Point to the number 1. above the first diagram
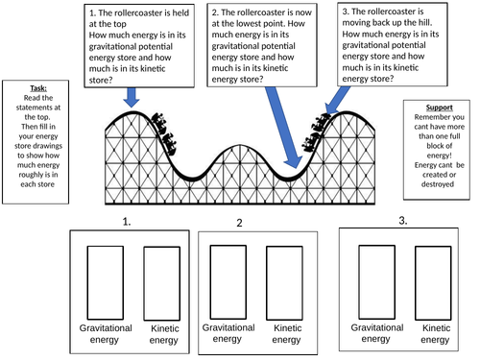click(x=126, y=222)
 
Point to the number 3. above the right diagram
click(x=402, y=220)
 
